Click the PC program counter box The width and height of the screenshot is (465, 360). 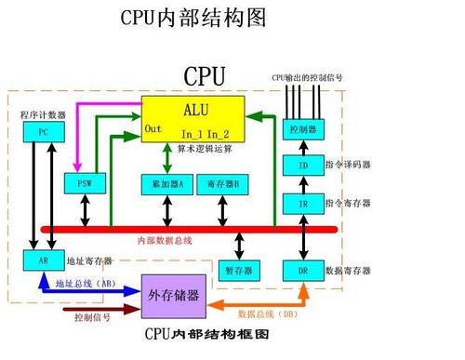(43, 132)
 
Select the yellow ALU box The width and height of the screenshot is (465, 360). (193, 118)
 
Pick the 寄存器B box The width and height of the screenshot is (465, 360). (223, 183)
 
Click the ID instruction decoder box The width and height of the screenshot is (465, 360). (302, 166)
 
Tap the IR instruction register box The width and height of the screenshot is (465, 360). (302, 203)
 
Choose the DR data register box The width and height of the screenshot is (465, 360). (302, 271)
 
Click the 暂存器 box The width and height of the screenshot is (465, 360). (240, 271)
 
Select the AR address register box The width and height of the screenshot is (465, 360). (43, 261)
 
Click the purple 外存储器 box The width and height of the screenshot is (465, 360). (174, 296)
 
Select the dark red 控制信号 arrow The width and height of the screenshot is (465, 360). (93, 311)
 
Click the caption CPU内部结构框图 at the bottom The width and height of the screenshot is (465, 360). (206, 334)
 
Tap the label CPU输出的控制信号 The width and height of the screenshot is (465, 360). (307, 77)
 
